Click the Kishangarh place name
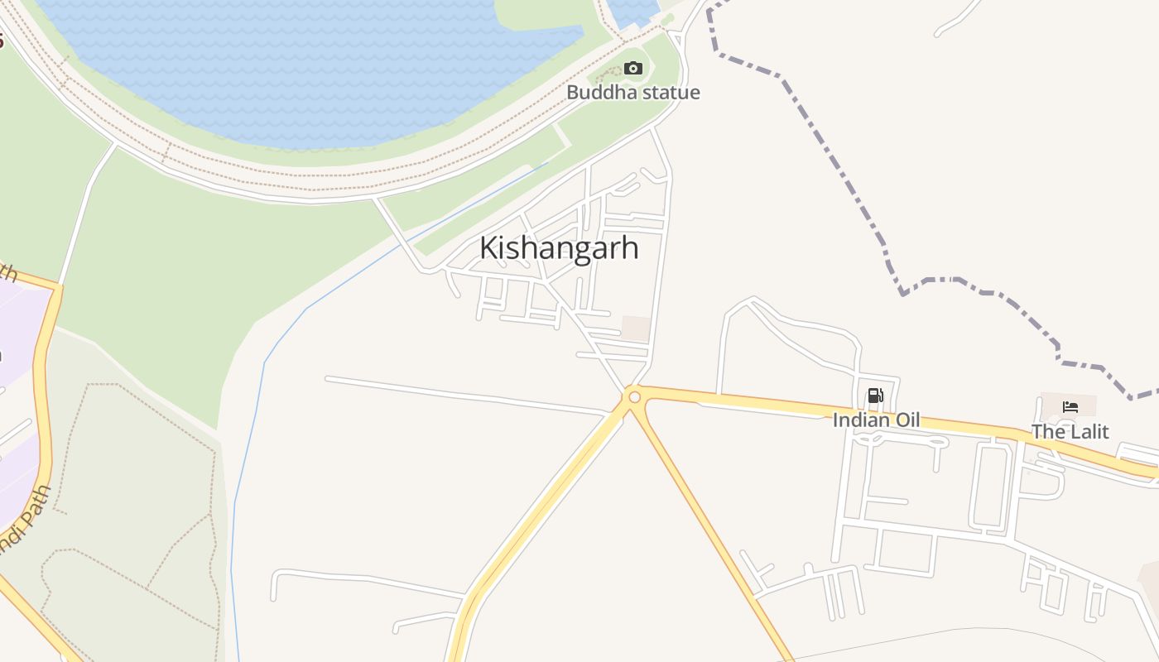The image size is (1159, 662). pos(559,247)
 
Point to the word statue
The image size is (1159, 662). pos(671,93)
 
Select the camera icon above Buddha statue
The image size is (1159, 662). pos(633,68)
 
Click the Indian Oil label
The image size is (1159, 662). pos(876,420)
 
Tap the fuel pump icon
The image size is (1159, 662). pos(876,396)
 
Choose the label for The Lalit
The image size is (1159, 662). pos(1070,431)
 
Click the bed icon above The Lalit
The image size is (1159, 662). pos(1070,406)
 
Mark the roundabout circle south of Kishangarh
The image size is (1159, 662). pos(635,397)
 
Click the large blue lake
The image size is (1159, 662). pos(315,66)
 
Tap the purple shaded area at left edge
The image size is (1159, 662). pos(17,331)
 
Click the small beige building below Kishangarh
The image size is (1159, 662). pos(636,328)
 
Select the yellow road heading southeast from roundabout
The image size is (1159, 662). pos(712,530)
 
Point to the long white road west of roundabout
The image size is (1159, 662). pos(464,395)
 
